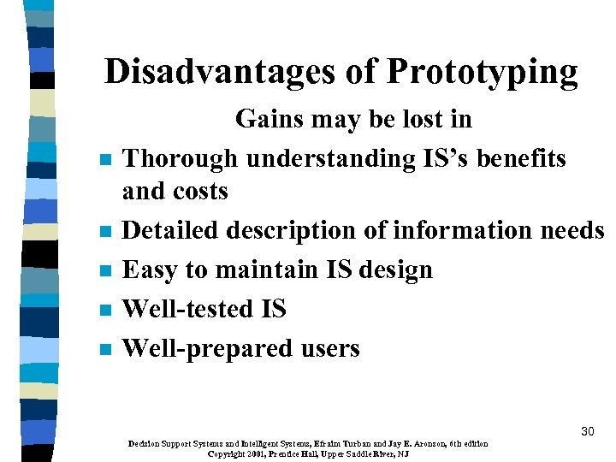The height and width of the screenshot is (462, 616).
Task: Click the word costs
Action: pyautogui.click(x=202, y=191)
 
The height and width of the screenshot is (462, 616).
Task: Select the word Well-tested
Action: pyautogui.click(x=187, y=309)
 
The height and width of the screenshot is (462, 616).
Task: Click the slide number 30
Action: pyautogui.click(x=587, y=431)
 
